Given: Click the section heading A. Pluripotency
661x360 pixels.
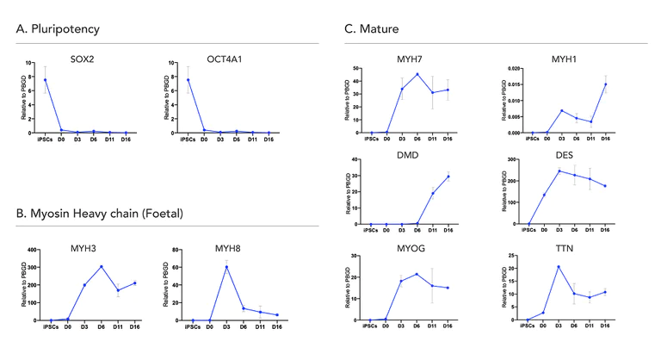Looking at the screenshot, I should point(58,29).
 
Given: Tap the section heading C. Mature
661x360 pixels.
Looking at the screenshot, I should point(371,29).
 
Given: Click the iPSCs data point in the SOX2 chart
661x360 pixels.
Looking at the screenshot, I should point(45,80).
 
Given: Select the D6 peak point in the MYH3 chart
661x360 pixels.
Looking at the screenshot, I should point(101,266).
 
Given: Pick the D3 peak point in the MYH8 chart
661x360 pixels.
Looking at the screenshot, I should point(226,267).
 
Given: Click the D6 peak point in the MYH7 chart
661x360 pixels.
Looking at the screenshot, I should point(417,74).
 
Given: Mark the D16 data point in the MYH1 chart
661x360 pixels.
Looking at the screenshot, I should point(605,84).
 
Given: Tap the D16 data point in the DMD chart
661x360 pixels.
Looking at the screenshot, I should point(448,177).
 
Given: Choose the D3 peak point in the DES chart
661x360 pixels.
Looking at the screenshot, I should point(559,171).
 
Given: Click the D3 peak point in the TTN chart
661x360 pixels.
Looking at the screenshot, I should point(559,266).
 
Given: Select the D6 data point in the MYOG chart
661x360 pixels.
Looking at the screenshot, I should point(417,274).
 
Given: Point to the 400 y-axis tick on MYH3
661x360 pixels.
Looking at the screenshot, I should point(34,251).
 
